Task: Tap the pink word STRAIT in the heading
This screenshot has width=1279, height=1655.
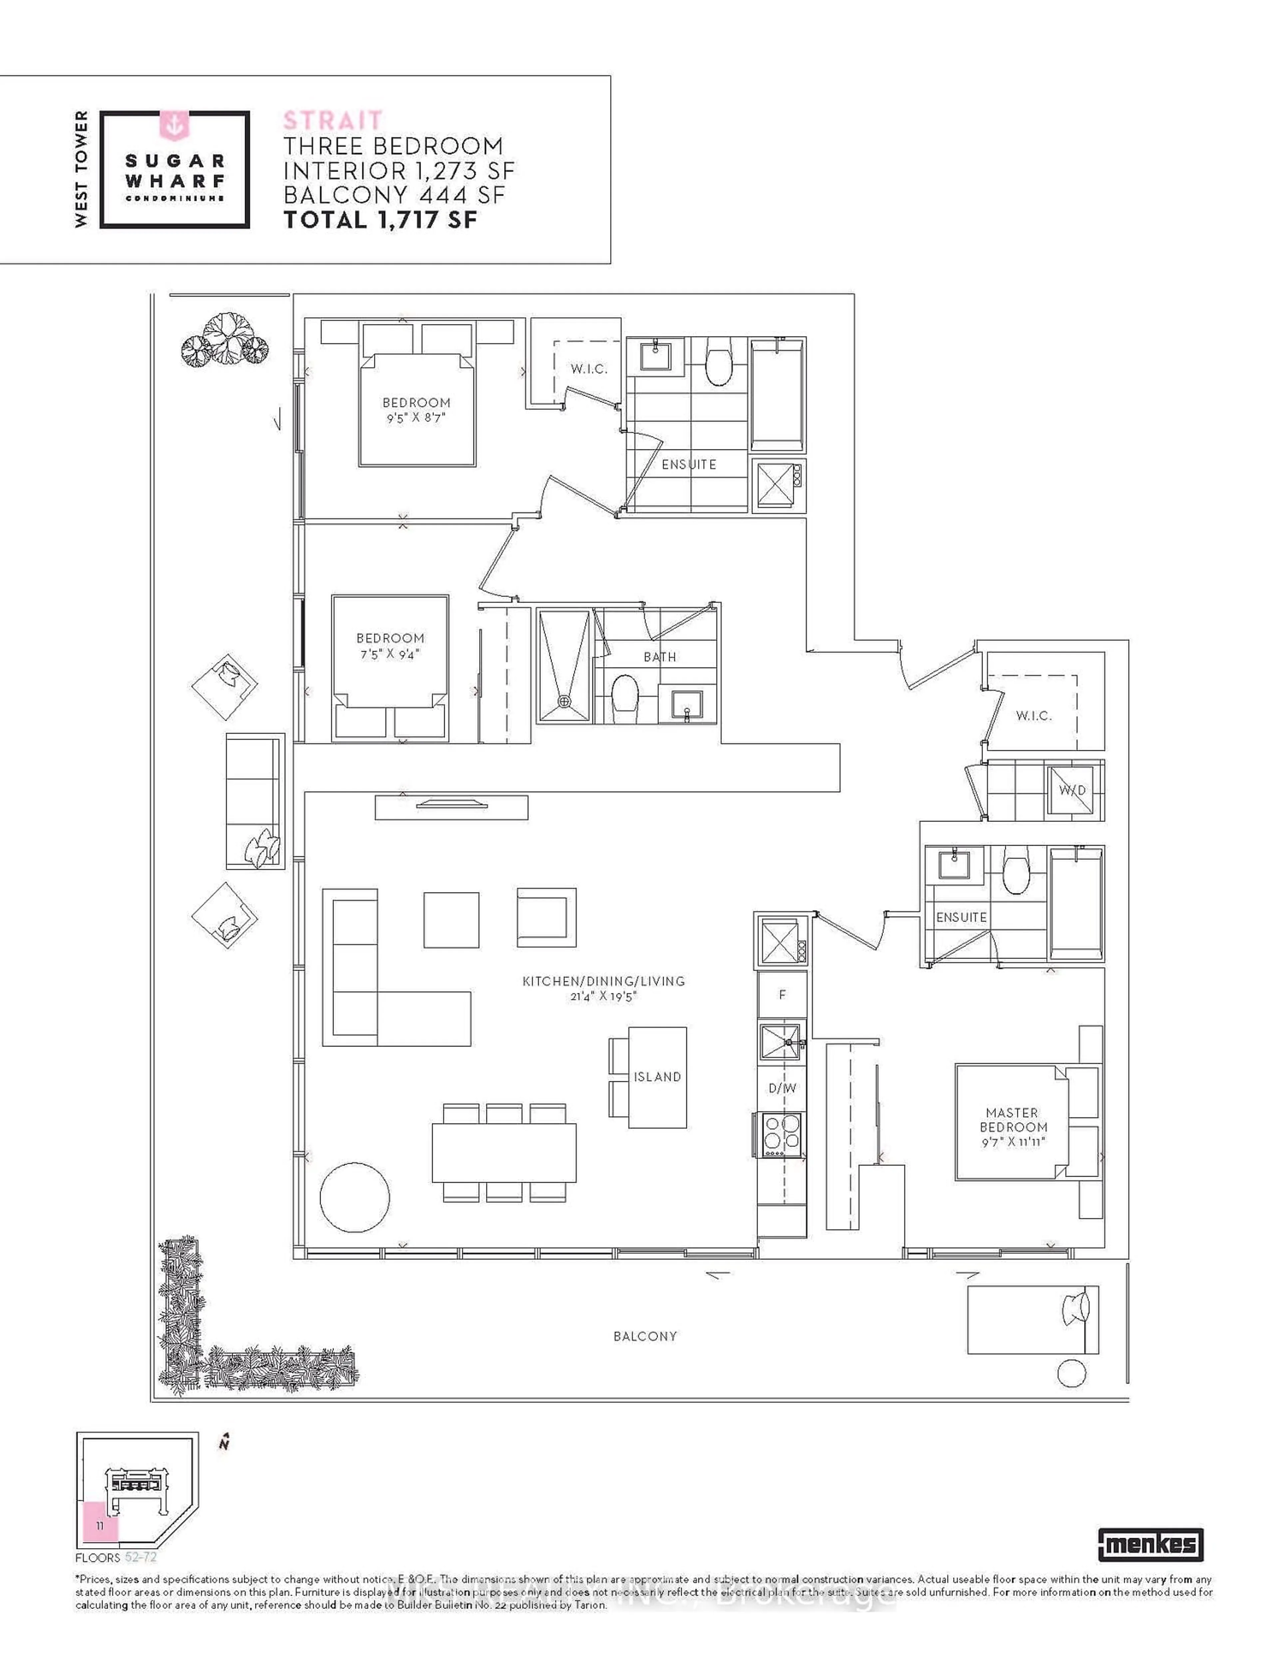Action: click(x=333, y=121)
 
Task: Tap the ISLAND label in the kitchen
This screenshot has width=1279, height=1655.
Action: click(x=657, y=1077)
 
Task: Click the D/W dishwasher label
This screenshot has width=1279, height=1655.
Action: click(x=782, y=1088)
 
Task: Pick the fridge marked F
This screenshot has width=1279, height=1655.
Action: click(x=782, y=994)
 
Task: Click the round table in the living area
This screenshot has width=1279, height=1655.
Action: click(x=355, y=1198)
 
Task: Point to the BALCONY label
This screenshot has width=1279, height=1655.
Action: click(x=645, y=1336)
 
